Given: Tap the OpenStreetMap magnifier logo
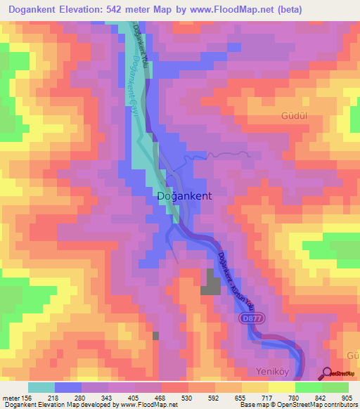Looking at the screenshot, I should click(x=328, y=372).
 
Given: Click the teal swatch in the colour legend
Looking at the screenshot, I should click(x=41, y=387).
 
